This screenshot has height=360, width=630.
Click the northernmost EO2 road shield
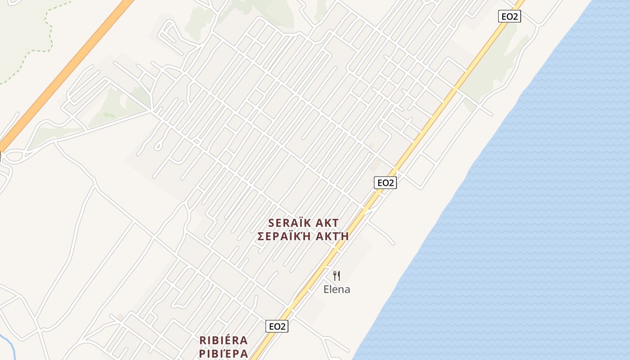(509, 16)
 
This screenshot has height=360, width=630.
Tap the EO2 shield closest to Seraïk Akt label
(385, 182)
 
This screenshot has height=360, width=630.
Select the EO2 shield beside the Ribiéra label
(277, 326)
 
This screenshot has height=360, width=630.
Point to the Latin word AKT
(327, 223)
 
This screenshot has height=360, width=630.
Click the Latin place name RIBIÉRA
(224, 340)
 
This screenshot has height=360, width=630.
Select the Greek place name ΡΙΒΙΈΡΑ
(224, 353)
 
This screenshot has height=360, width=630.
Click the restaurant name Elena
(337, 289)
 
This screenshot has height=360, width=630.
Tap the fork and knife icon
(337, 275)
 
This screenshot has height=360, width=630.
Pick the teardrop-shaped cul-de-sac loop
(158, 145)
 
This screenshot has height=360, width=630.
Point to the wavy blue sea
(540, 202)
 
